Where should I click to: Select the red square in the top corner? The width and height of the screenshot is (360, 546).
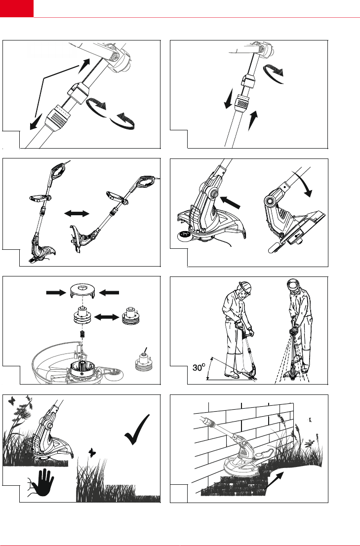point(17,8)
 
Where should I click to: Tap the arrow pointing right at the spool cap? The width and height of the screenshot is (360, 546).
point(54,292)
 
